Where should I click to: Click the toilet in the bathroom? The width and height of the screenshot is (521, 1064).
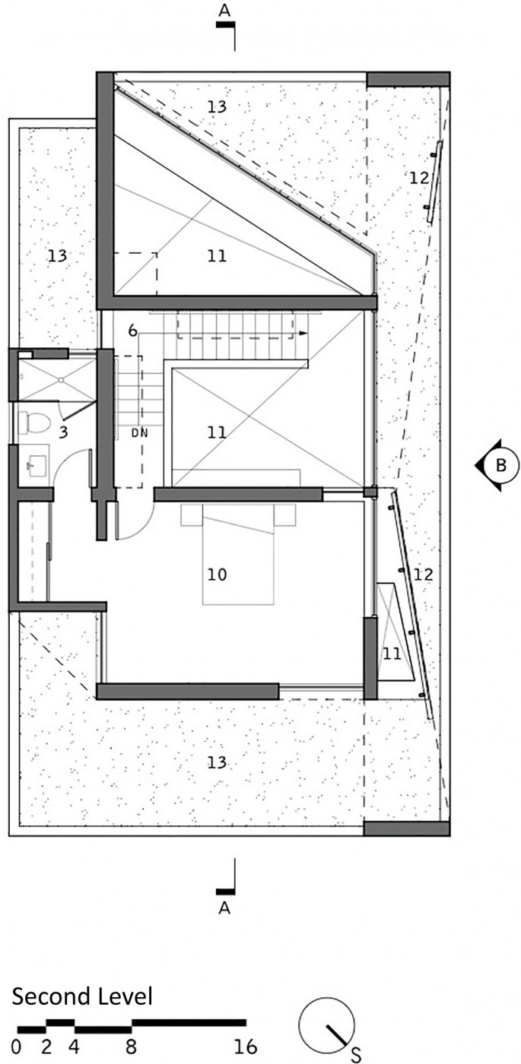coord(33,423)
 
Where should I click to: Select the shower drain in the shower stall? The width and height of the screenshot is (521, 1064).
coord(61,379)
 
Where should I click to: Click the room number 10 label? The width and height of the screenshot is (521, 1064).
coord(217,575)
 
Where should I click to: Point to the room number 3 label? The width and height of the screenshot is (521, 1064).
coord(63,432)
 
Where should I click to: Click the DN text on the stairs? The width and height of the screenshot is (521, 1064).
coord(140,432)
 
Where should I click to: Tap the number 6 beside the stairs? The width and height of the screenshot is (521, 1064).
coord(132,331)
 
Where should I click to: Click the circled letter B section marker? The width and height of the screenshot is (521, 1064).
coord(496,465)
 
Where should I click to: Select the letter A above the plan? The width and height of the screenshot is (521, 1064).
coord(224,11)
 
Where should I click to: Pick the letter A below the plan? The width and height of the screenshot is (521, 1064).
coord(224,908)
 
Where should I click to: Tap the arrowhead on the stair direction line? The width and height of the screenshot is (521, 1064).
coord(303,334)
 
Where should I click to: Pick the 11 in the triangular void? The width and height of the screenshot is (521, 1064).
coord(217,257)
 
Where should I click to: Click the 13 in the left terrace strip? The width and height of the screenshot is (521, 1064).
coord(58,256)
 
